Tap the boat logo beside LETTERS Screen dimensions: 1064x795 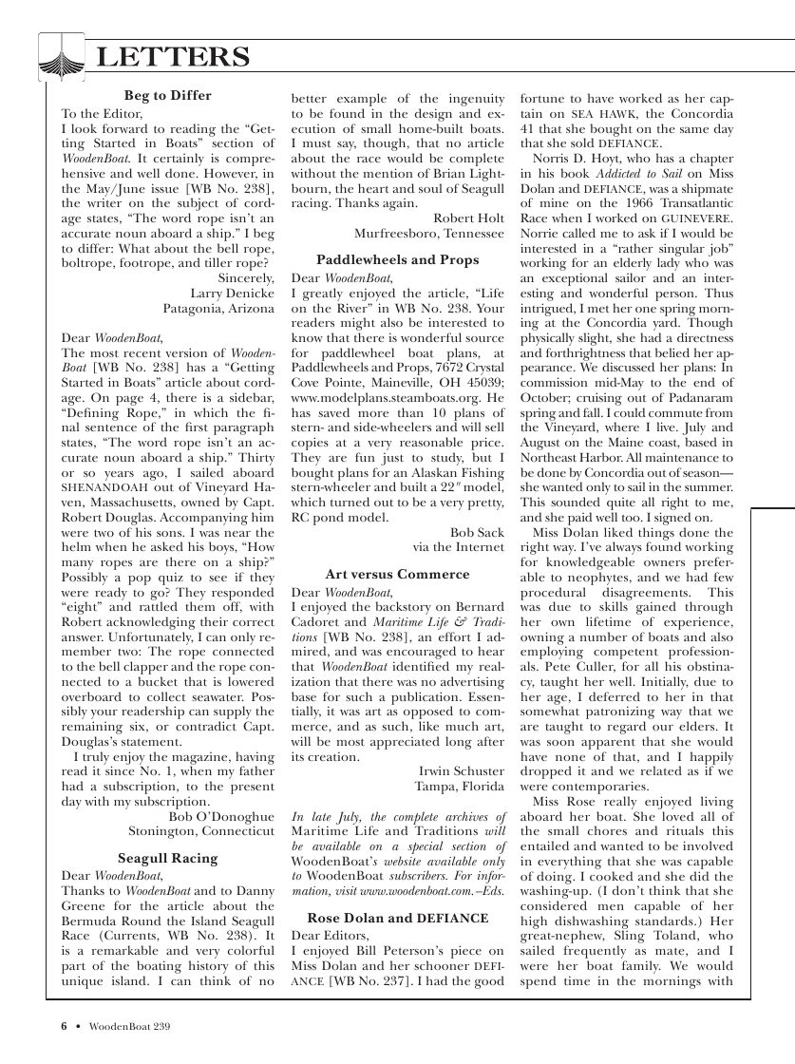pos(62,56)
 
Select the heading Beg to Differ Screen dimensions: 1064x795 pos(168,95)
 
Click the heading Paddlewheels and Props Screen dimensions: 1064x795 pos(397,259)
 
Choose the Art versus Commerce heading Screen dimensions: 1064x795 pos(397,575)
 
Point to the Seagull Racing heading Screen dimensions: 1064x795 pos(168,858)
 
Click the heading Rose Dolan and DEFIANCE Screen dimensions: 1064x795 pos(397,918)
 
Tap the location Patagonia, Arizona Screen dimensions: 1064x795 pos(218,309)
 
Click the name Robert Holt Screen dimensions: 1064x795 pos(468,218)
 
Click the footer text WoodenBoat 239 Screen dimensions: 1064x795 pos(129,1026)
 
